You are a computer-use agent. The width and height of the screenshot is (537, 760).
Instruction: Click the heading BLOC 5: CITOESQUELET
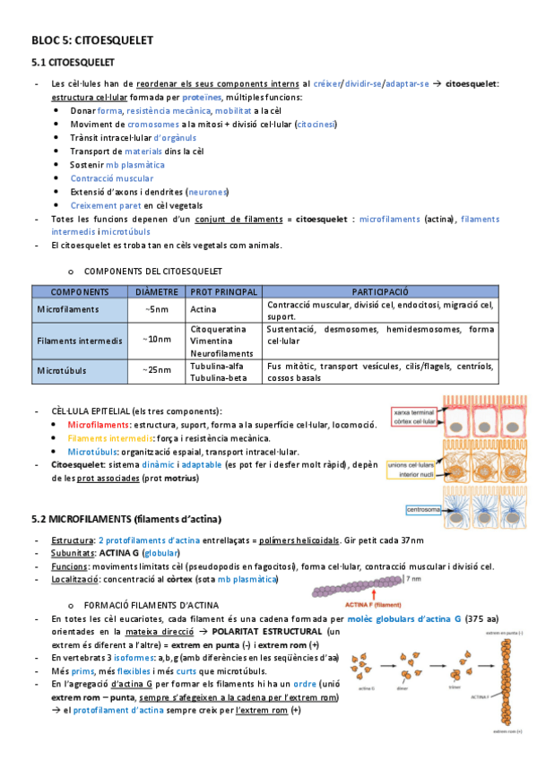click(92, 40)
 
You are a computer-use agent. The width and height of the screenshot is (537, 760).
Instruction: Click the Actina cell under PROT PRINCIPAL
click(204, 310)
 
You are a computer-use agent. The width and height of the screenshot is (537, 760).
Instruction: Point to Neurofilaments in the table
click(222, 353)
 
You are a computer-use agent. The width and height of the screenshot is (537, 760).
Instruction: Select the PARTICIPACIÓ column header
click(380, 291)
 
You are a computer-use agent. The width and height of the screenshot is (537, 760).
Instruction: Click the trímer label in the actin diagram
click(455, 689)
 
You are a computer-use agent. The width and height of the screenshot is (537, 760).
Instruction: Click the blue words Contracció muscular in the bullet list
click(112, 178)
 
